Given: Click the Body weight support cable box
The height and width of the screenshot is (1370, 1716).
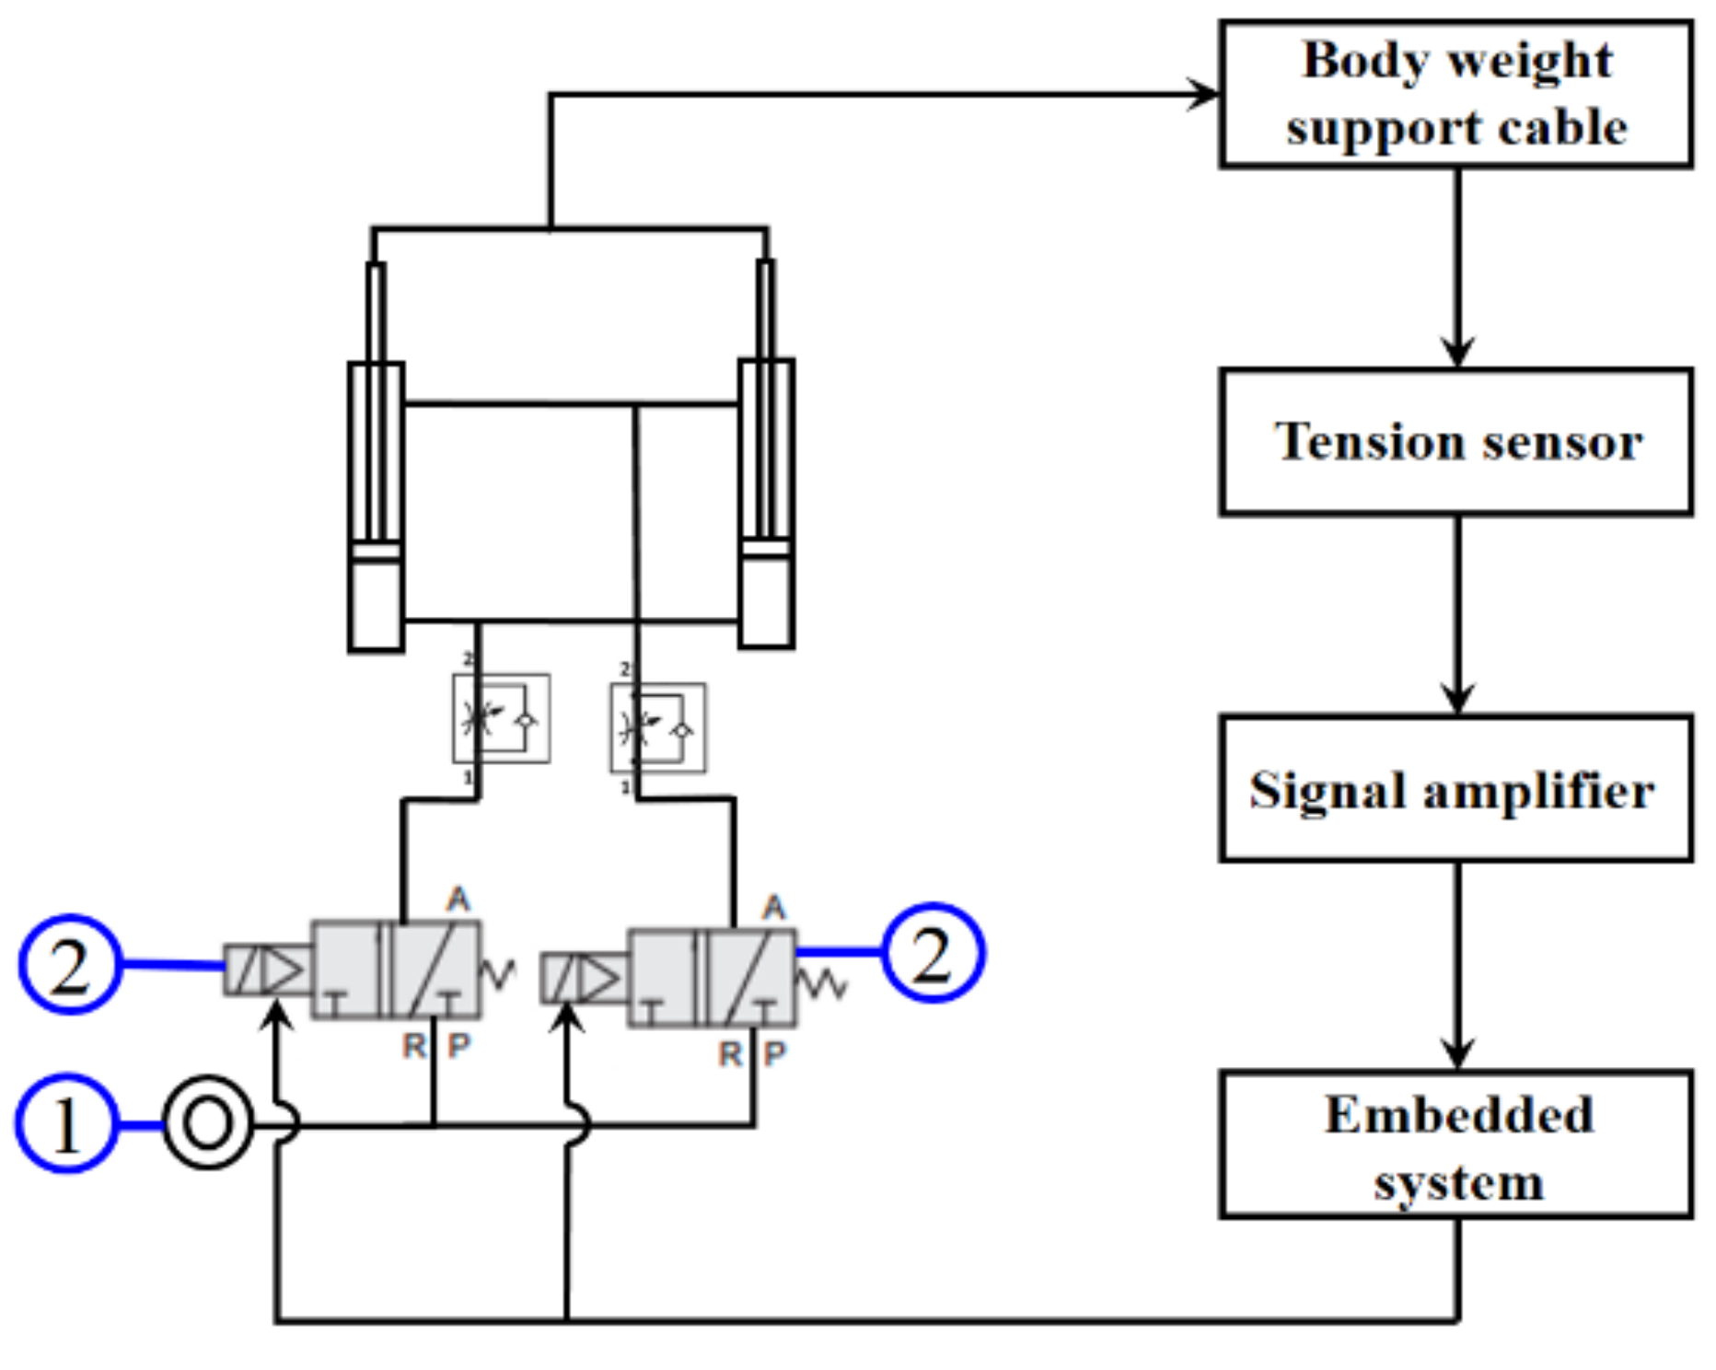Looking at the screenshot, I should click(1455, 94).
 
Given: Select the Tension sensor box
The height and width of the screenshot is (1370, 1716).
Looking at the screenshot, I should click(1455, 442).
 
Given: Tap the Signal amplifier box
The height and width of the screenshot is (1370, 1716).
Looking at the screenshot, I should click(1455, 789).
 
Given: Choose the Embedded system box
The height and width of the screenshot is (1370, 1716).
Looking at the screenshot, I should click(1455, 1144).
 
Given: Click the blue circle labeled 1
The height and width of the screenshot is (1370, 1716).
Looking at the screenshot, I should click(65, 1123).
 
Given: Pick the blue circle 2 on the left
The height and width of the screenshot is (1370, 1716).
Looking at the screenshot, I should click(70, 964).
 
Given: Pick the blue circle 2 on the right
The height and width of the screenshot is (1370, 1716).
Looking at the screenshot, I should click(933, 953).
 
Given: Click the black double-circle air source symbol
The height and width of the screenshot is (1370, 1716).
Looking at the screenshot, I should click(207, 1122).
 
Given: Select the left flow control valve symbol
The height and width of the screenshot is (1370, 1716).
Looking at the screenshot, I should click(501, 719).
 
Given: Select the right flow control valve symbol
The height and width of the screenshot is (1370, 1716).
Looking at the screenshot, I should click(657, 727).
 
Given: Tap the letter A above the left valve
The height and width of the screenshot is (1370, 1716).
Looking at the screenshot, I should click(458, 899).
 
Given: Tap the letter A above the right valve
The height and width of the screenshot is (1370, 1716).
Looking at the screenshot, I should click(774, 908).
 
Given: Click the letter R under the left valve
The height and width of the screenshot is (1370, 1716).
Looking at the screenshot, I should click(414, 1046).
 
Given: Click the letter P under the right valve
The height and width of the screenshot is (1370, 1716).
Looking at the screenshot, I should click(775, 1053).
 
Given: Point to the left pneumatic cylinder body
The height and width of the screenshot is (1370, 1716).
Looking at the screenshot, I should click(376, 506).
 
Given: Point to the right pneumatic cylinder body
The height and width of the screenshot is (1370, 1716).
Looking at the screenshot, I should click(766, 505).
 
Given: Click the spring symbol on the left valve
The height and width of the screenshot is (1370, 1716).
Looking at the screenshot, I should click(498, 972).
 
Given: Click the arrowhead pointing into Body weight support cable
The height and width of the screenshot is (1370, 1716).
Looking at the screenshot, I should click(1202, 94).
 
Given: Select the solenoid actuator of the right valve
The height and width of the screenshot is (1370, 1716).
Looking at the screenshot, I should click(584, 978).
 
